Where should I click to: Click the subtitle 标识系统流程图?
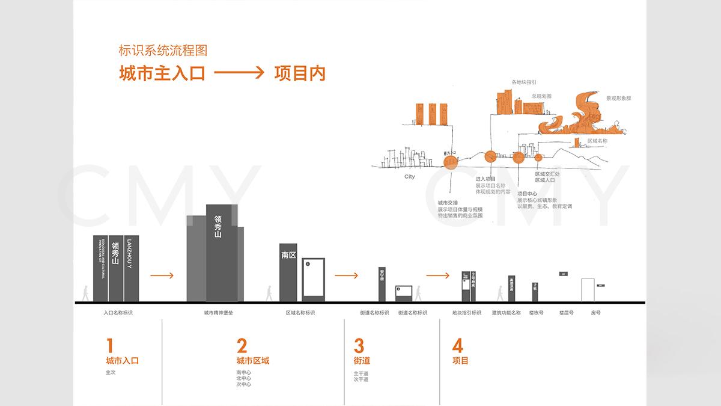[163, 51]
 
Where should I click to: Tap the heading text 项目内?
[299, 73]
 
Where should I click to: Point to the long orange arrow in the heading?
[239, 73]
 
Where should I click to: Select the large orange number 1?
[109, 346]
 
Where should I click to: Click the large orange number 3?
[359, 346]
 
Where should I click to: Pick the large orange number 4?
[458, 346]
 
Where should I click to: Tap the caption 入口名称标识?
[118, 313]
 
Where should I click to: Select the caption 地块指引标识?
[467, 313]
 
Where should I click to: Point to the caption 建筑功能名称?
[506, 313]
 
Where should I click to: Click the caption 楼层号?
[566, 313]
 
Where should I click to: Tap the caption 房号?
[595, 313]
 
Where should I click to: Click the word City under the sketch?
[409, 177]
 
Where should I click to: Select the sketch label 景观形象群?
[618, 98]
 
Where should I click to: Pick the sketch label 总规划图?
[541, 96]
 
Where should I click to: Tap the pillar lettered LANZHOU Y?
[131, 268]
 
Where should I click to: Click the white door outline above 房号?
[588, 289]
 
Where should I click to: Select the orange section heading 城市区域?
[252, 361]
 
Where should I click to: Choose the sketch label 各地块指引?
[523, 82]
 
